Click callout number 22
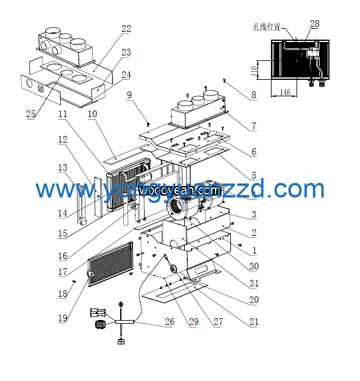tap(126, 29)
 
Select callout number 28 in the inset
tap(314, 24)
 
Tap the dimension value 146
tap(284, 92)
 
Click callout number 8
tap(254, 95)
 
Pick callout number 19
tap(63, 317)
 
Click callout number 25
tap(31, 114)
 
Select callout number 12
tap(62, 140)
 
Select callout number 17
tap(63, 272)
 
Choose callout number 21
tap(254, 322)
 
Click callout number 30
tap(254, 266)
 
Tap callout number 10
tap(92, 114)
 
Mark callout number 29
tap(193, 322)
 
